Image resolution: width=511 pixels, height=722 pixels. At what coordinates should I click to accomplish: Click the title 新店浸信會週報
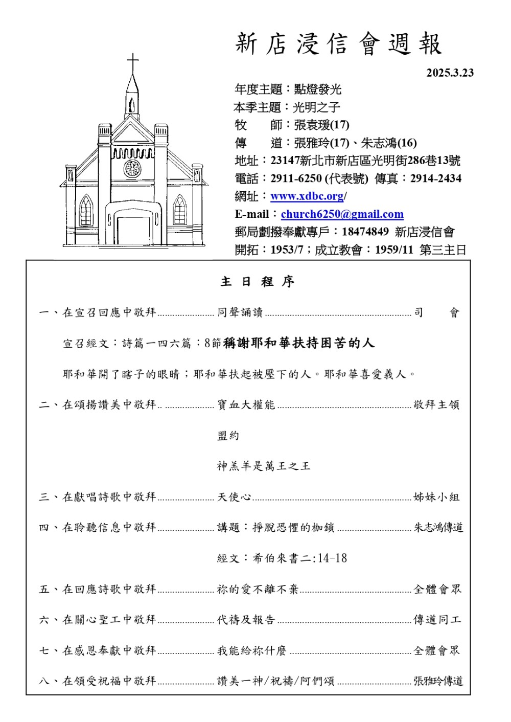click(338, 44)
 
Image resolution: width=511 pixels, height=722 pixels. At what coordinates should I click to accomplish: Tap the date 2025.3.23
click(450, 73)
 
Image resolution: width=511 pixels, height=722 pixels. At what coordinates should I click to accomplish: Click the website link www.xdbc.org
click(307, 196)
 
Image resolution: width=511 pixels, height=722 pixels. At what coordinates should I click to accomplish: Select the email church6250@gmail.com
click(342, 214)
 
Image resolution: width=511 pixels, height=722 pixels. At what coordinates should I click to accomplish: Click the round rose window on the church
click(132, 168)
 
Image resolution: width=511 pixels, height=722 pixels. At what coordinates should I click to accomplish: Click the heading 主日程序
click(257, 282)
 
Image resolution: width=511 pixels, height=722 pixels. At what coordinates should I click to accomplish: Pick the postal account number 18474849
click(365, 232)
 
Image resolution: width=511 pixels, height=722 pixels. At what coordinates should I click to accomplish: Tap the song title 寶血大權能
click(246, 405)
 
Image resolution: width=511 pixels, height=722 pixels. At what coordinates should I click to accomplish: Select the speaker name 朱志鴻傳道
click(438, 528)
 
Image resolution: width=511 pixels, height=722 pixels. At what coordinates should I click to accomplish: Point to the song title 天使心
click(234, 497)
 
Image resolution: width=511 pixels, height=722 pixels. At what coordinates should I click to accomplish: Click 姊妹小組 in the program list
click(436, 497)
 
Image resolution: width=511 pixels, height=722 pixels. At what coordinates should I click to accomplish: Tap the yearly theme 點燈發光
click(317, 89)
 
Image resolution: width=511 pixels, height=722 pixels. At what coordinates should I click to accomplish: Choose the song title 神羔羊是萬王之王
click(263, 466)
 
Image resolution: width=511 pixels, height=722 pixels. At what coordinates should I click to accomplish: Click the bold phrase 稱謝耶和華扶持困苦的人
click(299, 343)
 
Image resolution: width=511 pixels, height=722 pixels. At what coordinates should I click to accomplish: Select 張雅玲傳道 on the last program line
click(438, 681)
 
